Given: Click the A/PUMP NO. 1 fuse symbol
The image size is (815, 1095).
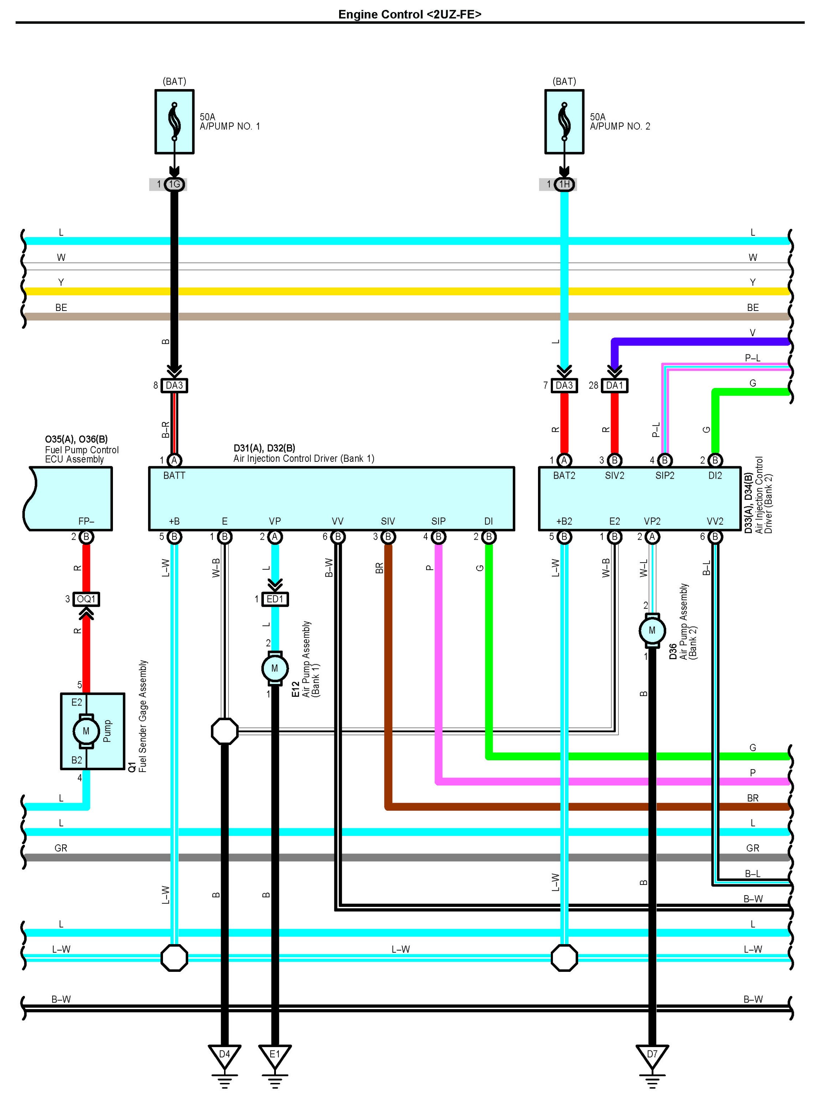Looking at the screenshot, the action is coord(174,122).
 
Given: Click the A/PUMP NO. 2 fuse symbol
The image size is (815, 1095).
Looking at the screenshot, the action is coord(564,122).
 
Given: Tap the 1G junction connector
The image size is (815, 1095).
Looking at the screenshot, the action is coord(174,185).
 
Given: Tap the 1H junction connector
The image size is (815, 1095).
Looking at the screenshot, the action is coord(564,185).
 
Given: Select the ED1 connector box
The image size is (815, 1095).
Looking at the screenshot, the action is coord(275,599).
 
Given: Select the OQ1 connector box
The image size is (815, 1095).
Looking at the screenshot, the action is coord(86,599).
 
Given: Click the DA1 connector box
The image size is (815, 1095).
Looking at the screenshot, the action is coord(615,385).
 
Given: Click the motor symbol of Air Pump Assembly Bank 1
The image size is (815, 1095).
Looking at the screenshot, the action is coord(275,668).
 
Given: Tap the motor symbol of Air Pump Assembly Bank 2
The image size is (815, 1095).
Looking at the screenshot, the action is coord(652,630).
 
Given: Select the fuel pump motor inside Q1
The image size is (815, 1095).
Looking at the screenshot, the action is coord(86,731).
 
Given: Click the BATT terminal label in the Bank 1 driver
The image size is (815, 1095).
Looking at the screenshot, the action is coord(174,475).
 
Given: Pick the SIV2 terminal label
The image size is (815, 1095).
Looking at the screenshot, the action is coord(615,475).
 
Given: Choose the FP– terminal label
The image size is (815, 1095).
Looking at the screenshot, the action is coord(86,521).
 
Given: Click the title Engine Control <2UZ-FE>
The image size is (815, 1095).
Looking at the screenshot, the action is coord(409,14).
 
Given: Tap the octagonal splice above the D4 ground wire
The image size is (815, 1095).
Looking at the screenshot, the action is coord(224,731).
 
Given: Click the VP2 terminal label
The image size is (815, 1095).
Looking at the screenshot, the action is coord(652,521).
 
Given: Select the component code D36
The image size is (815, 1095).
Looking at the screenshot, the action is coord(673,651).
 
